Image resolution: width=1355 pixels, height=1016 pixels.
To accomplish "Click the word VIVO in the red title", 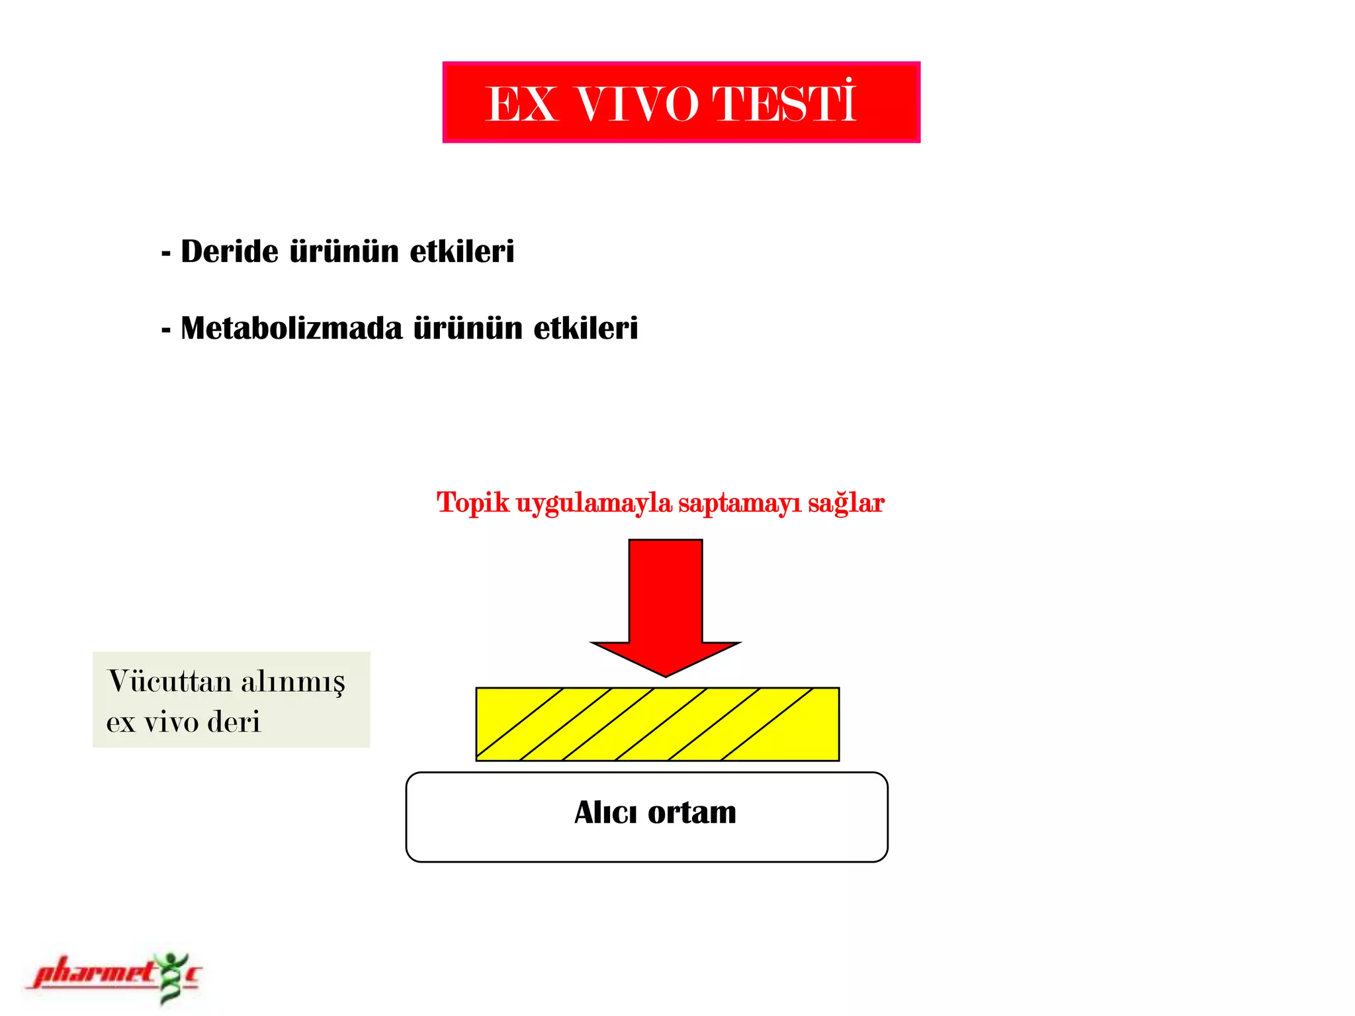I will point(637,105).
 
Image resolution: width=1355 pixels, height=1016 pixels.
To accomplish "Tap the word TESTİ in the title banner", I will point(784,104).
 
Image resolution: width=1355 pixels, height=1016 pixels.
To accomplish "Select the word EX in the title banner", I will point(521,105).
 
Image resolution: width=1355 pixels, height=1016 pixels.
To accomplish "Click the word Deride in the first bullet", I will point(230,251).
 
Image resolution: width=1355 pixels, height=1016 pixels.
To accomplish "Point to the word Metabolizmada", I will point(291,328).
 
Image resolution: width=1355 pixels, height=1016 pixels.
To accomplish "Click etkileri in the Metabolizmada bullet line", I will point(586,328).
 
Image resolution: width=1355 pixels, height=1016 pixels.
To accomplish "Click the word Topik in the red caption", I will point(473,503).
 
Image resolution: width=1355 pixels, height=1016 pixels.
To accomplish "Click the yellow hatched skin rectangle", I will point(658,724).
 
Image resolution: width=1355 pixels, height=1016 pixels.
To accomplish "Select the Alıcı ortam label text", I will point(655,812).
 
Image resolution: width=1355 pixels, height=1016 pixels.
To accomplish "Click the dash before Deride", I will point(166,253).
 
